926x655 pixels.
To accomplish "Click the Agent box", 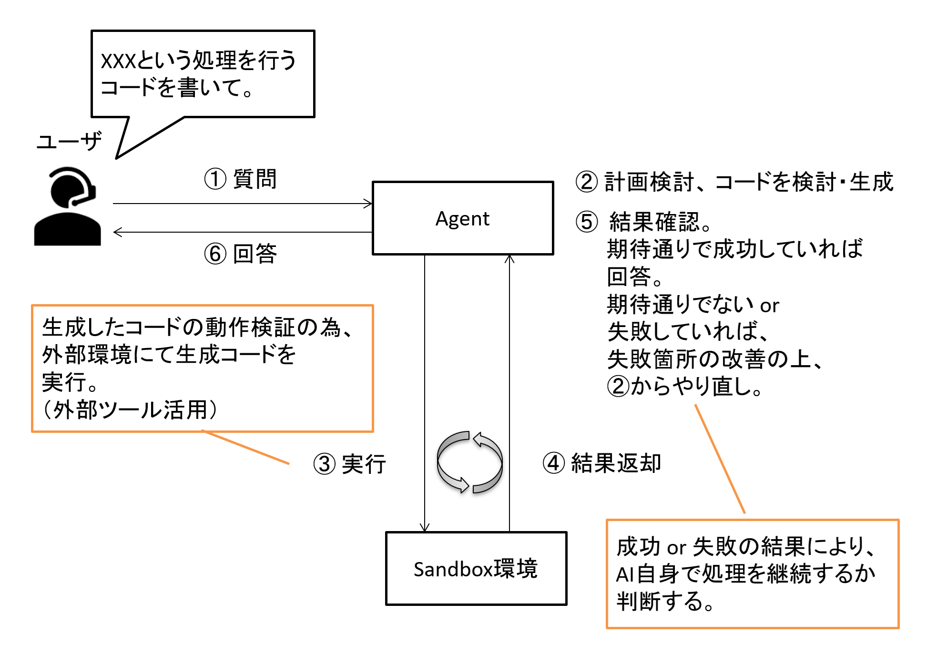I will pos(462,218).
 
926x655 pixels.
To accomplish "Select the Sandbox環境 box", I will pos(476,568).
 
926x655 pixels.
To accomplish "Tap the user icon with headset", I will pos(68,206).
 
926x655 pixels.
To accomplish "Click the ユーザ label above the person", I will pos(69,141).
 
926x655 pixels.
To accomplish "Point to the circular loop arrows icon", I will pos(469,462).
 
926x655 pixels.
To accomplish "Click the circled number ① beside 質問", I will pos(215,179).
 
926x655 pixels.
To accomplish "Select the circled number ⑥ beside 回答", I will pos(215,254).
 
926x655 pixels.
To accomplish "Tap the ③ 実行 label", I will pos(349,464).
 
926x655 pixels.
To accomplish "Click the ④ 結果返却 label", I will pos(602,463).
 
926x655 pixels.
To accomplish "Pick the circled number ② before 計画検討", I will pos(586,182).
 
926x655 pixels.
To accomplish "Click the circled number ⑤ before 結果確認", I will pos(586,222).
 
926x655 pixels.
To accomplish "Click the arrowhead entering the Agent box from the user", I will pos(368,204).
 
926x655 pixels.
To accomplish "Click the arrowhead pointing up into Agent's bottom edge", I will pos(509,259).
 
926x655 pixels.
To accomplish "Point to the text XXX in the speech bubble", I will pos(118,61).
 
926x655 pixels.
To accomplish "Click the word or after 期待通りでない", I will pos(769,306).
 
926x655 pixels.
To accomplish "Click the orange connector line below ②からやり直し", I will pos(720,459).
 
